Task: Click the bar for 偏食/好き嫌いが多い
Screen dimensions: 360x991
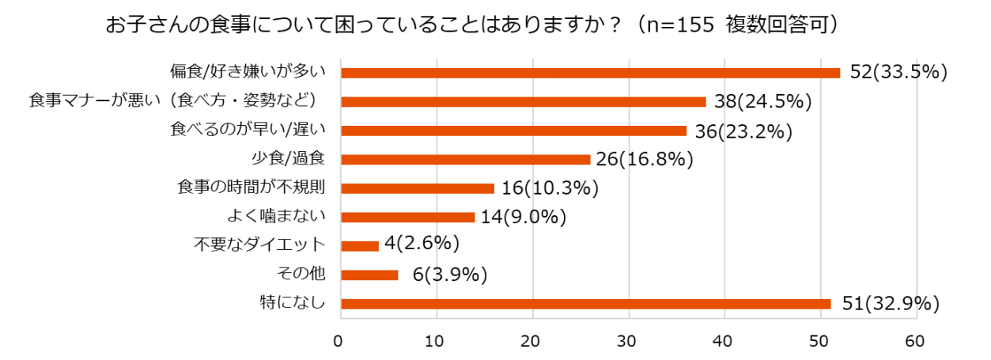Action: click(590, 73)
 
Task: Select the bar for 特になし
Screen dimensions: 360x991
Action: click(585, 304)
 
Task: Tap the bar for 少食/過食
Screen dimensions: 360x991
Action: click(465, 159)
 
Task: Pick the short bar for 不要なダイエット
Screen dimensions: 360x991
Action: click(360, 246)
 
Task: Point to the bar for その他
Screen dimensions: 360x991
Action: click(369, 275)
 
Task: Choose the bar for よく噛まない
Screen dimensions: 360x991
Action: click(407, 217)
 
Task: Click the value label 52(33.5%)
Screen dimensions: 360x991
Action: click(898, 72)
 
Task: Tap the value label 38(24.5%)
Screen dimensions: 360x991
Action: click(762, 101)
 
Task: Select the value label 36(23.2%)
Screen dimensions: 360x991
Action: click(743, 131)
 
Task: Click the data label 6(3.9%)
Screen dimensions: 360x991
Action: click(449, 275)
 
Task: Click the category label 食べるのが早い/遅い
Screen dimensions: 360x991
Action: click(248, 131)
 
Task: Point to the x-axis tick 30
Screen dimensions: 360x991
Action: click(628, 342)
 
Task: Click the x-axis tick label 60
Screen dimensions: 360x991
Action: click(916, 342)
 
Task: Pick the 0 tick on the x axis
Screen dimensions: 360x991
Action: click(340, 342)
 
